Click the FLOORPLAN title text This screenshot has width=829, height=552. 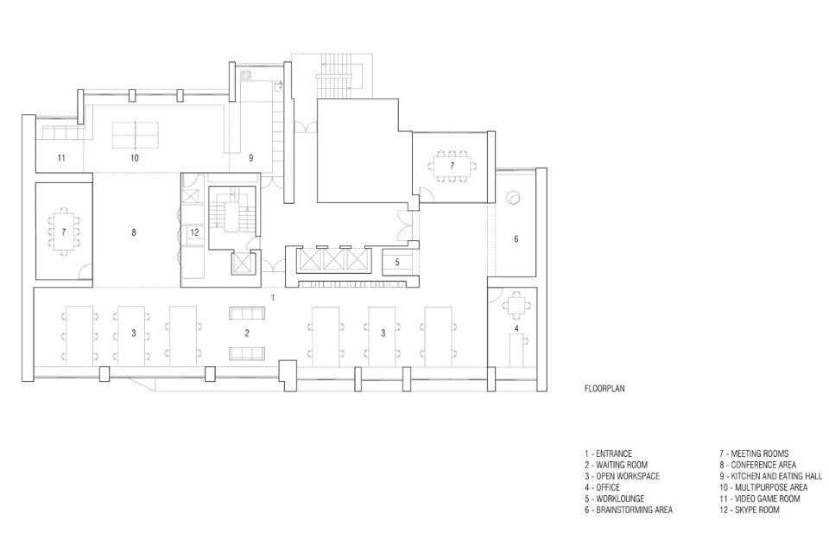point(604,389)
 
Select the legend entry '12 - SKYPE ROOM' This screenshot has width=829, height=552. point(750,510)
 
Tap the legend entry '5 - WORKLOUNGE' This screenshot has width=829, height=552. point(614,498)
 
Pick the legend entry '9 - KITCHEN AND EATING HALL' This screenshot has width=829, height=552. point(770,476)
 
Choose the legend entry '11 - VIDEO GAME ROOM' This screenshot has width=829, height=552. point(759,498)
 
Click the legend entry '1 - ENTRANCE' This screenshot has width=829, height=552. point(608,454)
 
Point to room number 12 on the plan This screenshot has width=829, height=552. point(194,232)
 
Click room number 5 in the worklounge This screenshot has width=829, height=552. point(397,263)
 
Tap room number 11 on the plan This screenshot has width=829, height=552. point(61,157)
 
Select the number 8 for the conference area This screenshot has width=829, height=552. point(134,232)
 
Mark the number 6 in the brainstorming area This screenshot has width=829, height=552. point(516,239)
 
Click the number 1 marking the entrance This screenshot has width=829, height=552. point(273,298)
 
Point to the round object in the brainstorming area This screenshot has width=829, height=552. point(514,199)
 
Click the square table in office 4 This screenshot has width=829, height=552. point(516,305)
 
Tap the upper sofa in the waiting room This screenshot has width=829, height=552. point(247,313)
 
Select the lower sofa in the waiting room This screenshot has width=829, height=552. point(247,353)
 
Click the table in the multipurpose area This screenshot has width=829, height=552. point(135,135)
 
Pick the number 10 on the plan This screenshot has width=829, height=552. point(134,157)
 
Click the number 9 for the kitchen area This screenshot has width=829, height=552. point(251,157)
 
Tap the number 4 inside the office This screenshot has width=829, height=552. point(516,328)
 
